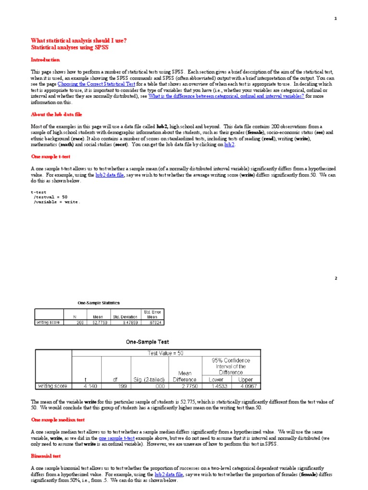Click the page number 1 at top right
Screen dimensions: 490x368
pyautogui.click(x=335, y=19)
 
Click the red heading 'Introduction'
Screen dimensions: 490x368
pyautogui.click(x=46, y=60)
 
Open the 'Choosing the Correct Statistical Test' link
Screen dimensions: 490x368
pyautogui.click(x=96, y=84)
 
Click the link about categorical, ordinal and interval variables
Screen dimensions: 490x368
pyautogui.click(x=226, y=96)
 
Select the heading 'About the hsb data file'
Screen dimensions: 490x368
pyautogui.click(x=57, y=114)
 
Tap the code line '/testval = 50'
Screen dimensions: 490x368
pyautogui.click(x=51, y=197)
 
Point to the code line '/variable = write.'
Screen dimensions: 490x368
pyautogui.click(x=57, y=202)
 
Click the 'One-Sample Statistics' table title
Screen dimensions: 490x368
pyautogui.click(x=99, y=303)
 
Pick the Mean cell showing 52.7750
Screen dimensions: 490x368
pyautogui.click(x=100, y=323)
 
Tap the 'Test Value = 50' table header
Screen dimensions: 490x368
pyautogui.click(x=166, y=353)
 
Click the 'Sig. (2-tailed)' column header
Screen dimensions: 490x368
pyautogui.click(x=149, y=379)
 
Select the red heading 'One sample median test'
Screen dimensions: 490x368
pyautogui.click(x=58, y=420)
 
